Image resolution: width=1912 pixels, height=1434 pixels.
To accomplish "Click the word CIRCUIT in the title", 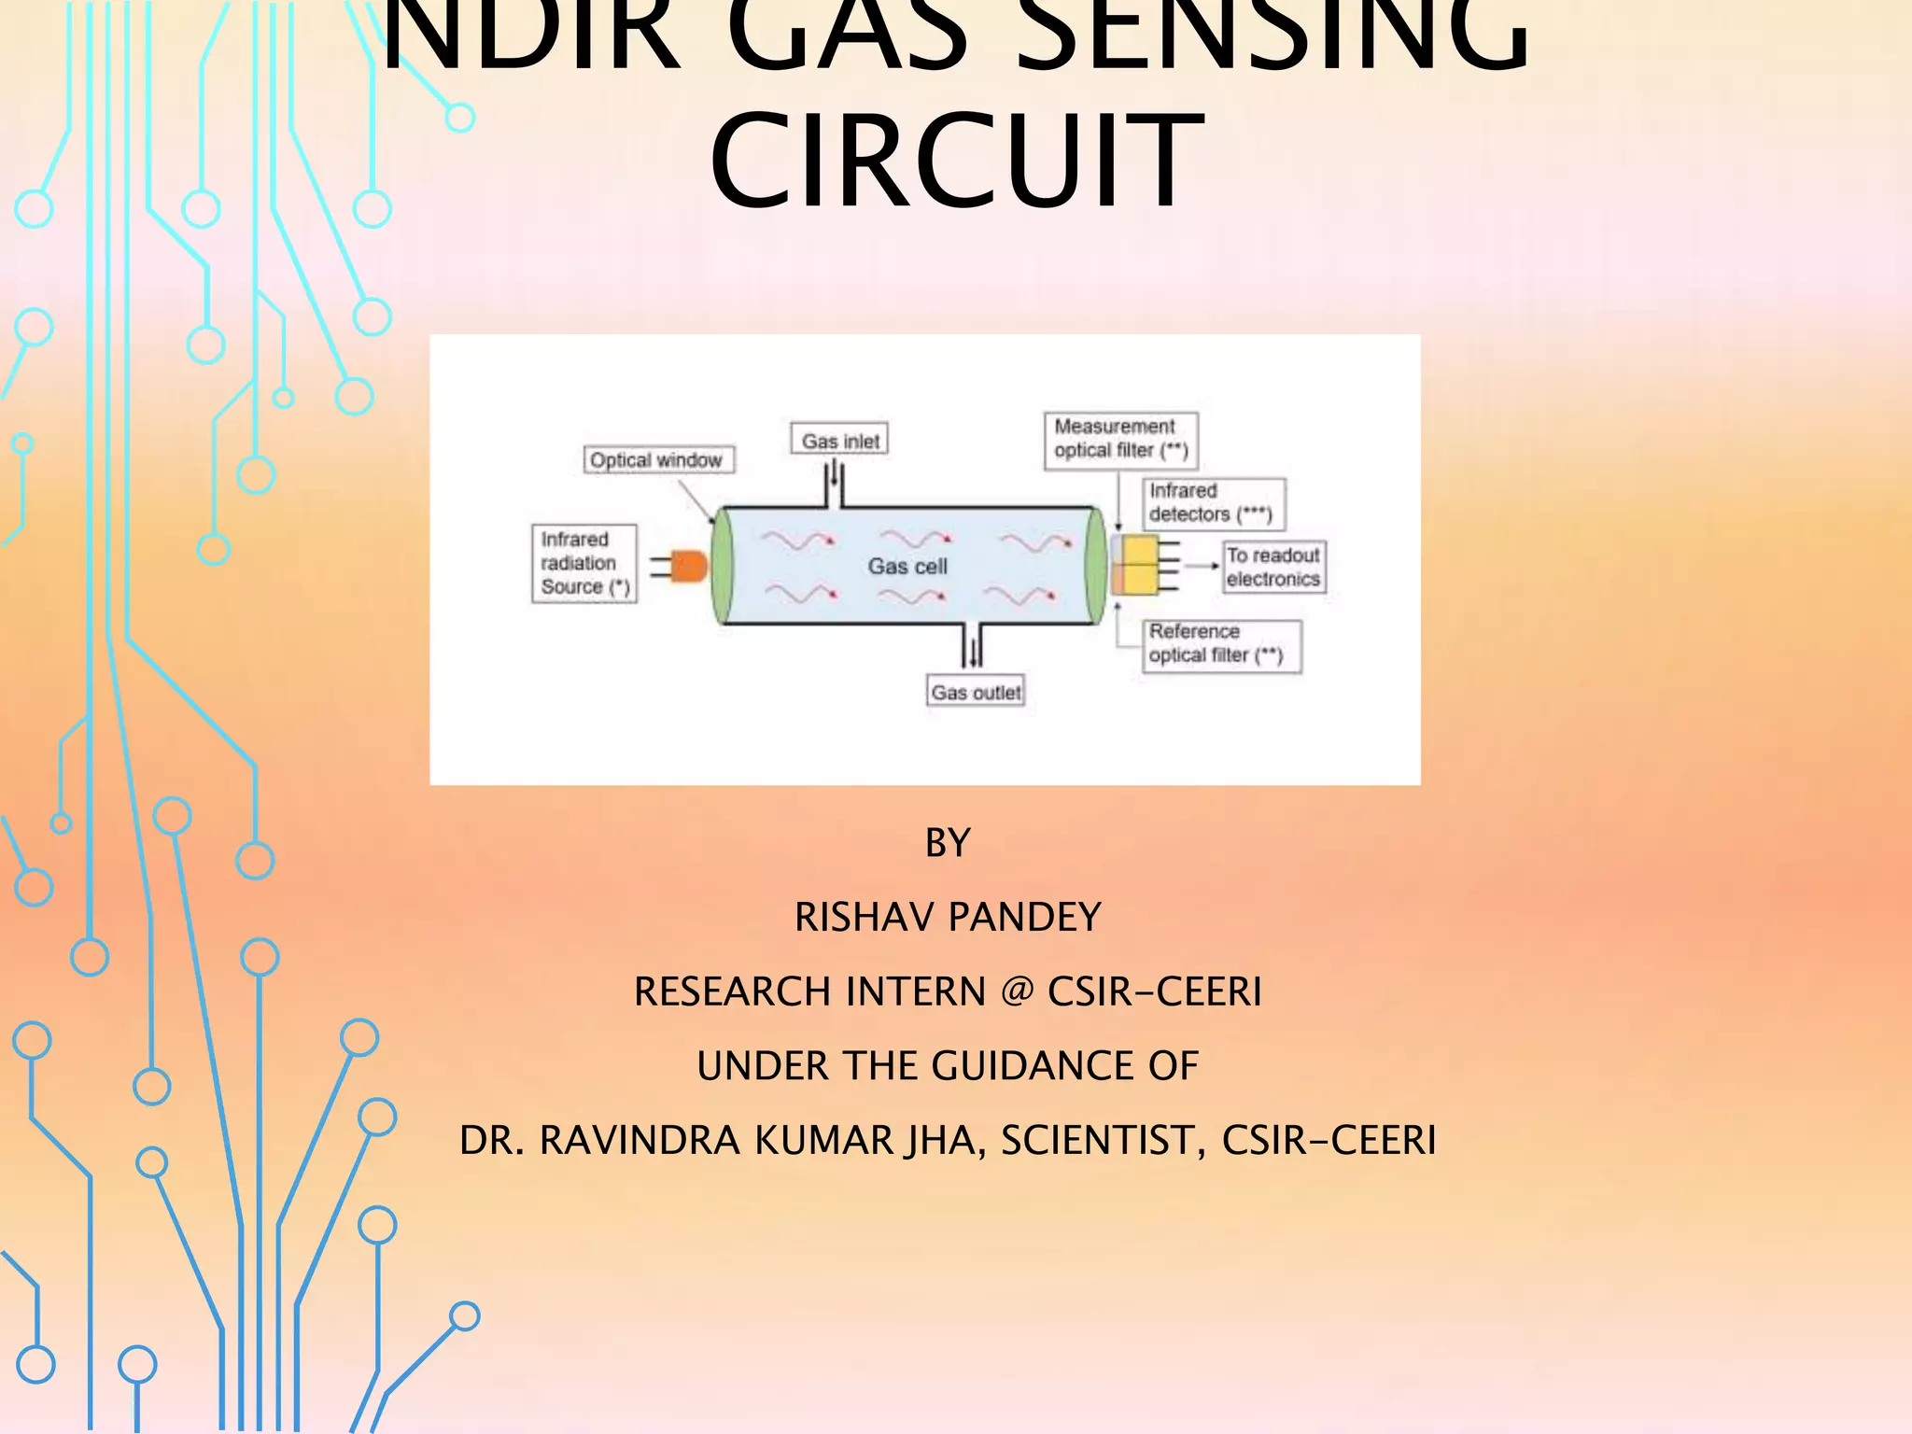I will (x=956, y=161).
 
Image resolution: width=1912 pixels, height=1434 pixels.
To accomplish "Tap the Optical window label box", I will (x=658, y=460).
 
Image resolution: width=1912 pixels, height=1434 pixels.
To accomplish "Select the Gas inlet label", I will (x=839, y=440).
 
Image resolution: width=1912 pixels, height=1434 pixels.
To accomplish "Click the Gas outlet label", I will (x=976, y=692).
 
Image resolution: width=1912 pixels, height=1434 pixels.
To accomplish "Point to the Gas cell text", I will (x=907, y=567).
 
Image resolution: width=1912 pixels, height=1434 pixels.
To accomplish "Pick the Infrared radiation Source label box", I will (x=584, y=563).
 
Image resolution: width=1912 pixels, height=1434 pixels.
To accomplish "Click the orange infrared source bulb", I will (x=689, y=566).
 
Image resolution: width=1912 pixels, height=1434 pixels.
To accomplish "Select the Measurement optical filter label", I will (x=1120, y=439).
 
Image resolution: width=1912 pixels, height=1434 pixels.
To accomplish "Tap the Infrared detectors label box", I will (x=1212, y=503).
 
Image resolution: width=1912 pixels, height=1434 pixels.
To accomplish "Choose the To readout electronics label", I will (x=1273, y=567).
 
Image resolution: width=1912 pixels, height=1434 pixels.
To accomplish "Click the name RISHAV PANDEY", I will (x=948, y=917).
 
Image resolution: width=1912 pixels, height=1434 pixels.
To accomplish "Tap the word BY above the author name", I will (x=948, y=843).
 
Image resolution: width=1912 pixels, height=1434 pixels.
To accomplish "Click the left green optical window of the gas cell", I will (x=722, y=566).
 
